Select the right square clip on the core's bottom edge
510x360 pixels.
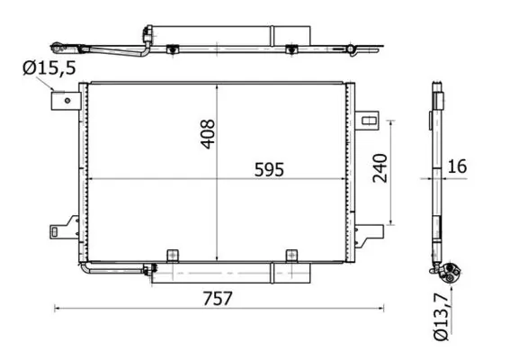point(291,256)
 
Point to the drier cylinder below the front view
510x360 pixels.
point(211,274)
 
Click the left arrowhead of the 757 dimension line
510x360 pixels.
point(58,309)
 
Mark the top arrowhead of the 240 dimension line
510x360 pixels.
point(391,121)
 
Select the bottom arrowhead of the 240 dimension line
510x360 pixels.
point(391,222)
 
